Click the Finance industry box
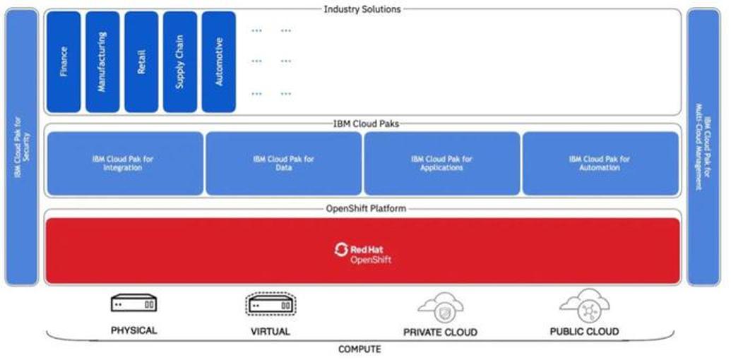(x=64, y=61)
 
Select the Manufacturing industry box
(x=102, y=61)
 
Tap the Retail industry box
(x=141, y=61)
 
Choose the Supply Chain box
(x=180, y=61)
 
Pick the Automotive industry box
(x=219, y=61)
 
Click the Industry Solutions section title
(x=362, y=9)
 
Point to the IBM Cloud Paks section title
(x=362, y=124)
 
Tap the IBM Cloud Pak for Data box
(x=283, y=163)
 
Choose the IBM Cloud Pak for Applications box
(x=442, y=163)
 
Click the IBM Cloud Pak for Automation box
(x=600, y=163)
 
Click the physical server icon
(x=133, y=304)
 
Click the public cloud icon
(x=584, y=305)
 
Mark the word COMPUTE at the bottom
(x=359, y=349)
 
